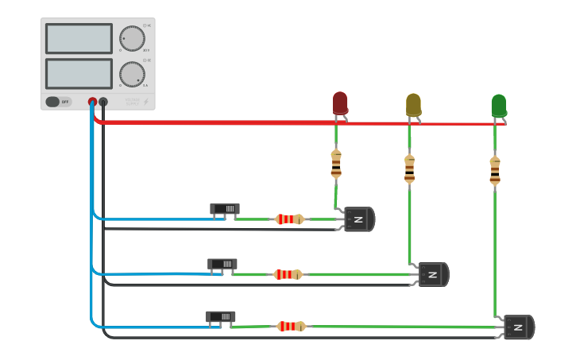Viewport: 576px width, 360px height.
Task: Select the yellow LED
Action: coord(413,105)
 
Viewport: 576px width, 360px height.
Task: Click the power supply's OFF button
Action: coord(58,102)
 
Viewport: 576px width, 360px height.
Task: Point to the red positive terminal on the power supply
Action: coord(92,102)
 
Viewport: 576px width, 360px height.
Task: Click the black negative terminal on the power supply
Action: coord(103,102)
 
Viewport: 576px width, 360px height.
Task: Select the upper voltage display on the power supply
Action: coord(79,38)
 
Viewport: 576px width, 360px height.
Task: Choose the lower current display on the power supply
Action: coord(79,74)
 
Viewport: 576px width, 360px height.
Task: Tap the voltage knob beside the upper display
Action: coord(132,38)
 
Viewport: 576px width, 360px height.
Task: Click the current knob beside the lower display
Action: coord(132,74)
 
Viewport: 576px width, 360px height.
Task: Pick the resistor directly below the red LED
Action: coord(336,163)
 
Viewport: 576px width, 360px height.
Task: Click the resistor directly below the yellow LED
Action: coord(409,168)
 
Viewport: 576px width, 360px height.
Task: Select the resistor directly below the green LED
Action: coord(495,170)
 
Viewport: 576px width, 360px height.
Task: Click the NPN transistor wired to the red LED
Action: coord(358,219)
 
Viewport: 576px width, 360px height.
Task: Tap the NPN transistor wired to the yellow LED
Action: coord(433,274)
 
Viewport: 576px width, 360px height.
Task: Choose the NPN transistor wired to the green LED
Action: coord(518,327)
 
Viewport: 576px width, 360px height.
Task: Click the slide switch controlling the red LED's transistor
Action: coord(225,209)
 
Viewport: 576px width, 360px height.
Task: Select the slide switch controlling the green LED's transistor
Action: coord(220,316)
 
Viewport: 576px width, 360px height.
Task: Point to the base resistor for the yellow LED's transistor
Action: coord(288,274)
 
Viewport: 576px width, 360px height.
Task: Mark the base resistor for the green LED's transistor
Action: coord(291,326)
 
